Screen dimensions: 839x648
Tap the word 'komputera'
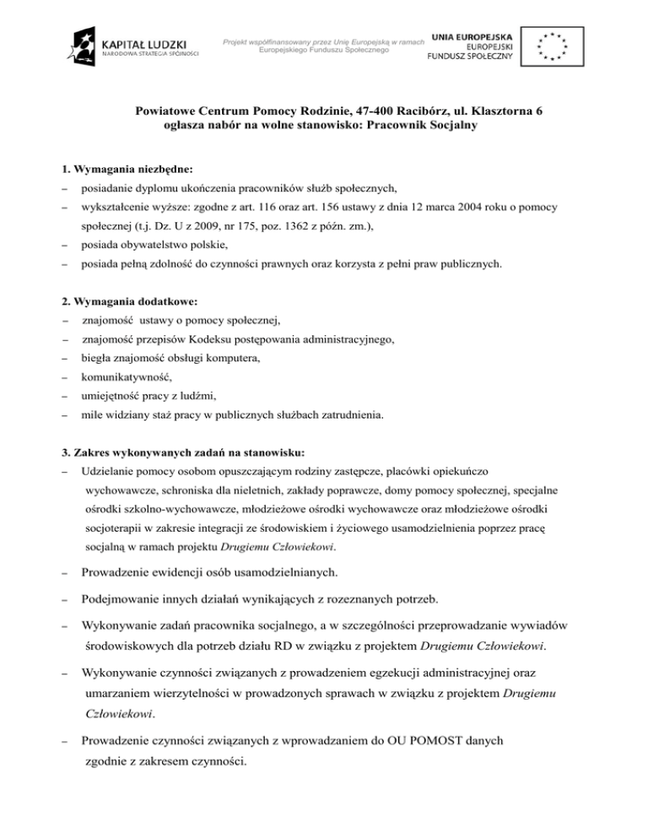[x=234, y=359]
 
